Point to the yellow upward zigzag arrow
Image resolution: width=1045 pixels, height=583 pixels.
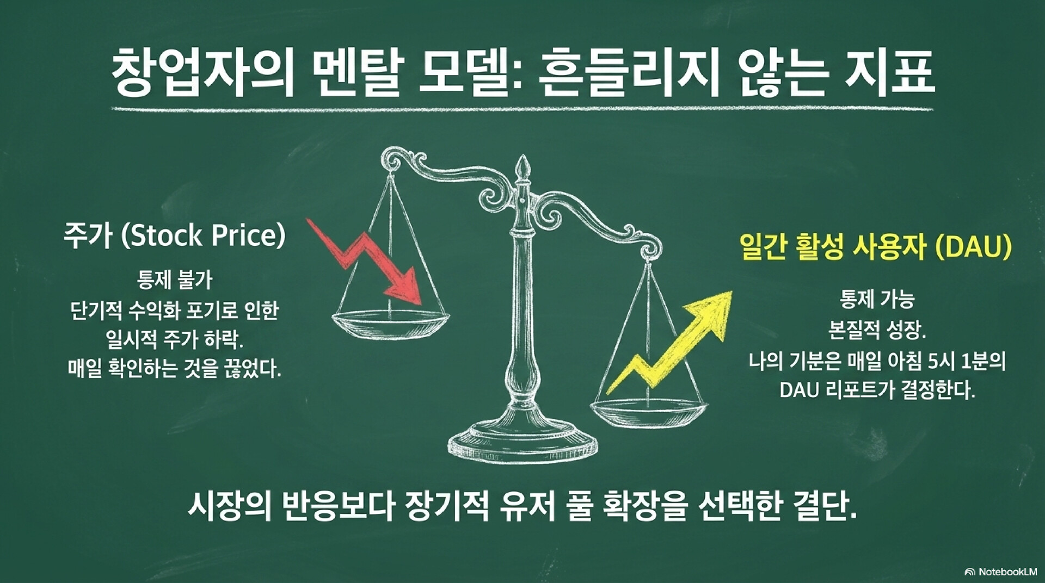point(669,343)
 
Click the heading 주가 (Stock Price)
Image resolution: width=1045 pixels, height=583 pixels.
point(174,236)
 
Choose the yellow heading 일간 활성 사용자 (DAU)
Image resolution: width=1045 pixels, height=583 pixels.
point(876,247)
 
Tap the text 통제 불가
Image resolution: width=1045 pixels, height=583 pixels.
point(175,281)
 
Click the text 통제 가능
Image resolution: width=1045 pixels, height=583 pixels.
point(877,299)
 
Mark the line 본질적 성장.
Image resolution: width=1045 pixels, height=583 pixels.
point(877,330)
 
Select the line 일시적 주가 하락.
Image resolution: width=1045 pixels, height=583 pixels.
point(175,340)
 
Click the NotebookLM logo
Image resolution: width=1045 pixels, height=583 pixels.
point(1000,571)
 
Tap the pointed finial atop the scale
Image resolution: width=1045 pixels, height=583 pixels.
point(523,166)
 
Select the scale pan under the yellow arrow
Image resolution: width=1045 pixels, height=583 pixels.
point(649,411)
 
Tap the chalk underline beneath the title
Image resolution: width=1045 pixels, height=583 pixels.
point(522,109)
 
